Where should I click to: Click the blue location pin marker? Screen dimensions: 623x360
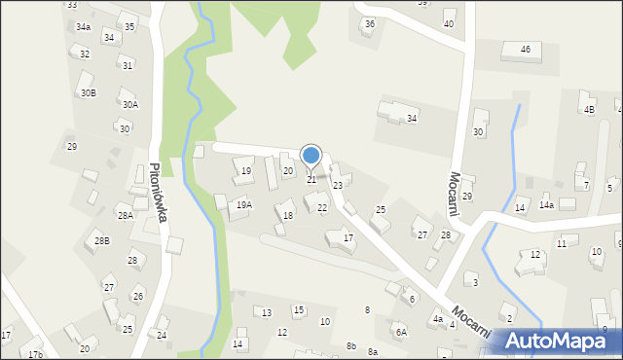pyautogui.click(x=311, y=156)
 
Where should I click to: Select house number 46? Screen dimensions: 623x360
pyautogui.click(x=525, y=49)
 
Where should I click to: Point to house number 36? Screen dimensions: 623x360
pyautogui.click(x=369, y=23)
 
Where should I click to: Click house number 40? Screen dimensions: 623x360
pyautogui.click(x=449, y=23)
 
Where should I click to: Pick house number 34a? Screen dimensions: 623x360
pyautogui.click(x=84, y=27)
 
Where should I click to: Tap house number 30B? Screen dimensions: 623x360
pyautogui.click(x=89, y=93)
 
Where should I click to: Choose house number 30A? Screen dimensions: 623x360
pyautogui.click(x=129, y=105)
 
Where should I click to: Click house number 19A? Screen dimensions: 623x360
pyautogui.click(x=243, y=205)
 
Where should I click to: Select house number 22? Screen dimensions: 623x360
pyautogui.click(x=322, y=208)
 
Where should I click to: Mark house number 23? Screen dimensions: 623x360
pyautogui.click(x=338, y=185)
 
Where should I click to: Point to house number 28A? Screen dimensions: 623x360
pyautogui.click(x=126, y=216)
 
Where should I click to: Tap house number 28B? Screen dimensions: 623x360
pyautogui.click(x=102, y=240)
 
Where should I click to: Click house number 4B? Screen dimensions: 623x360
pyautogui.click(x=589, y=110)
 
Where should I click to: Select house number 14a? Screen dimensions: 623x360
pyautogui.click(x=547, y=206)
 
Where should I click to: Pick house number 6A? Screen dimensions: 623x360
pyautogui.click(x=401, y=332)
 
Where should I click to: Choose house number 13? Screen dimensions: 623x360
pyautogui.click(x=267, y=312)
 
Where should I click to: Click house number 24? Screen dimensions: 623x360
pyautogui.click(x=162, y=336)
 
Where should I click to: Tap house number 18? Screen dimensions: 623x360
pyautogui.click(x=287, y=215)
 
